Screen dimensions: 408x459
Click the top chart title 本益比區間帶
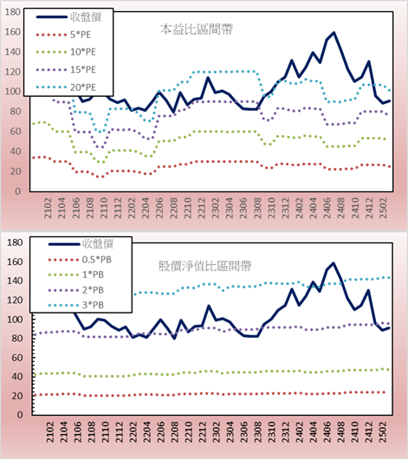pos(197,29)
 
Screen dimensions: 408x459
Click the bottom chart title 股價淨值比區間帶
pos(204,266)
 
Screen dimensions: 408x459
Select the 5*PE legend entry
pos(63,35)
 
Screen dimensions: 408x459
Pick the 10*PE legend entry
pos(66,52)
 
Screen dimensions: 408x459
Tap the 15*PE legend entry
pos(66,69)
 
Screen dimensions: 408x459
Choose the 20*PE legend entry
pos(66,87)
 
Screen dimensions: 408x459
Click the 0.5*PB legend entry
pos(80,260)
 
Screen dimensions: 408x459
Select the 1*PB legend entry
pos(76,275)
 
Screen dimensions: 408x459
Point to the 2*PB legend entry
pos(76,290)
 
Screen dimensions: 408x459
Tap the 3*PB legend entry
pos(76,305)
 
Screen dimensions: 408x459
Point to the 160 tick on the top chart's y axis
pos(13,32)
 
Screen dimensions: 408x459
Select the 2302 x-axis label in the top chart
pos(216,208)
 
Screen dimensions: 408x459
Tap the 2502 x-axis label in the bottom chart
pos(384,432)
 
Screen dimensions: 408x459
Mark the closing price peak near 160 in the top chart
pos(334,33)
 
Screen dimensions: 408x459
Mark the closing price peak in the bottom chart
pos(334,263)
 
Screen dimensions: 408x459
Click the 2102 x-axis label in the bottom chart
pos(50,432)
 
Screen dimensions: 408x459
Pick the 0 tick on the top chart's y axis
pos(17,191)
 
